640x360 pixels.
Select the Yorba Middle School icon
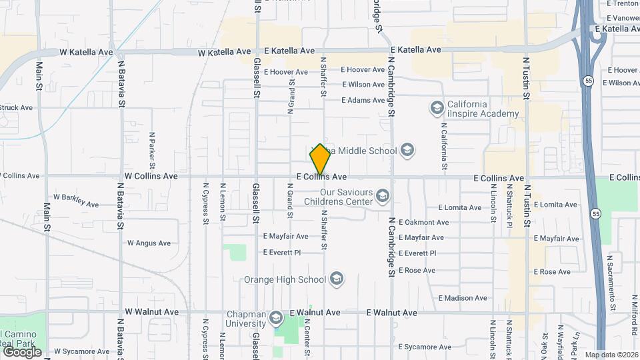pyautogui.click(x=407, y=151)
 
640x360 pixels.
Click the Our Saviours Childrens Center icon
pyautogui.click(x=382, y=195)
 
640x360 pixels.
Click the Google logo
pyautogui.click(x=22, y=351)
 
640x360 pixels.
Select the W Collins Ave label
pyautogui.click(x=151, y=177)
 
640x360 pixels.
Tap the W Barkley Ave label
pyautogui.click(x=76, y=197)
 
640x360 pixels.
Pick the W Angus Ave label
pyautogui.click(x=150, y=243)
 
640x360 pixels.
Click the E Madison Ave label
pyautogui.click(x=463, y=298)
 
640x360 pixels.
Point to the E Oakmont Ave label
pyautogui.click(x=423, y=222)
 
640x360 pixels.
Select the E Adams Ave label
pyautogui.click(x=363, y=101)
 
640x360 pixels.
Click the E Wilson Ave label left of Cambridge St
pyautogui.click(x=363, y=85)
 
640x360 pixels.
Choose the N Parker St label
pyautogui.click(x=152, y=149)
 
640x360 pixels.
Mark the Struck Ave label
pyautogui.click(x=16, y=107)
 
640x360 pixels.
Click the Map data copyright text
pyautogui.click(x=611, y=355)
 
